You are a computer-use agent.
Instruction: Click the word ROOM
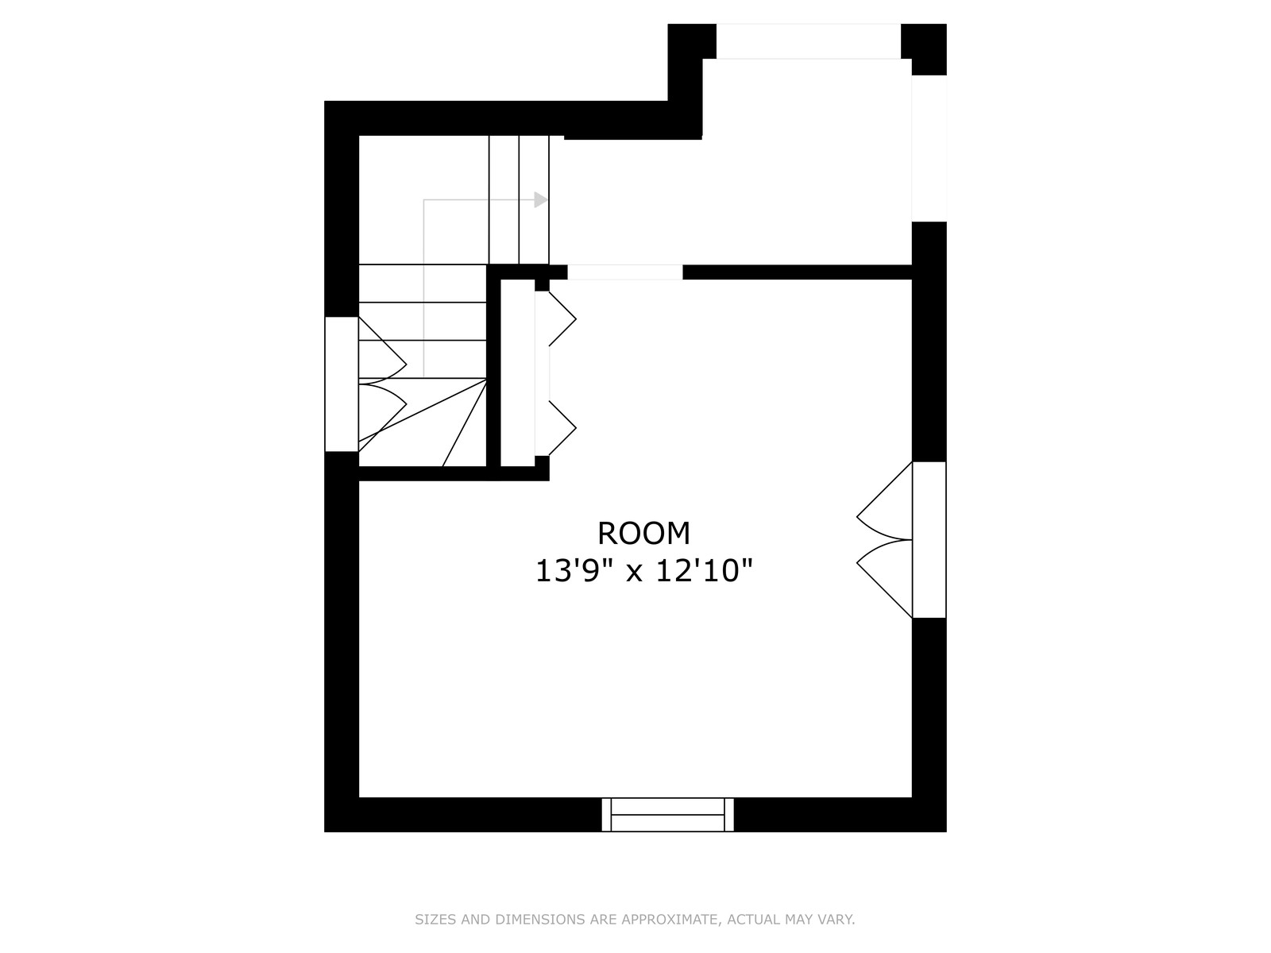pyautogui.click(x=643, y=534)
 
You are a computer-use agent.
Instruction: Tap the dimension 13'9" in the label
pyautogui.click(x=574, y=570)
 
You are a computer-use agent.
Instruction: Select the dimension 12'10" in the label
pyautogui.click(x=704, y=570)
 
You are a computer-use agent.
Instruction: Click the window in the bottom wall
pyautogui.click(x=667, y=815)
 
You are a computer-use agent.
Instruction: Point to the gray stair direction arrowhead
pyautogui.click(x=541, y=200)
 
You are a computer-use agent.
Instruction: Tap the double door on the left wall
pyautogui.click(x=365, y=384)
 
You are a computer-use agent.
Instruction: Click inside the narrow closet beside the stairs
pyautogui.click(x=517, y=372)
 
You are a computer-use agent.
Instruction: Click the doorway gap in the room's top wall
pyautogui.click(x=625, y=272)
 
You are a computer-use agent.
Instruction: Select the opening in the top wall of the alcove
pyautogui.click(x=809, y=41)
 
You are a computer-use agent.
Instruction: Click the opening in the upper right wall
pyautogui.click(x=929, y=149)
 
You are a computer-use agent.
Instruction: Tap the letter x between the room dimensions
pyautogui.click(x=634, y=573)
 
